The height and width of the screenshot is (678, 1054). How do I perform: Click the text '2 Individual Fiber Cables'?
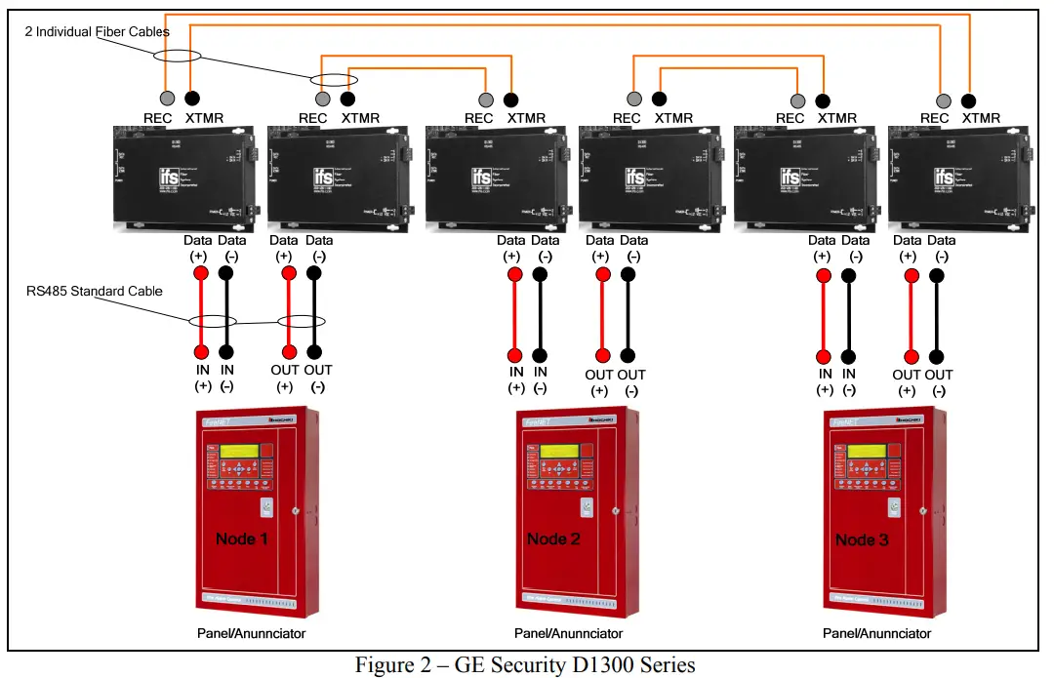point(98,32)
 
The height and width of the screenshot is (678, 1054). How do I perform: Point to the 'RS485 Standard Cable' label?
point(94,291)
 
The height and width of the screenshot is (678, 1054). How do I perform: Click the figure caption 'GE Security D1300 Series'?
point(526,664)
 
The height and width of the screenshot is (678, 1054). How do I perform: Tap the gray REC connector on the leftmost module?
point(167,98)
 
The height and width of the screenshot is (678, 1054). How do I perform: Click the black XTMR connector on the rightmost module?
point(969,99)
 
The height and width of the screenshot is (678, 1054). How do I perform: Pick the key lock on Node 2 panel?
point(586,507)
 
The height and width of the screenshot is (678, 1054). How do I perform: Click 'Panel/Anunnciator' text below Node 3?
point(877,633)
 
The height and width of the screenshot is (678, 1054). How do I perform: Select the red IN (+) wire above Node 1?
point(201,312)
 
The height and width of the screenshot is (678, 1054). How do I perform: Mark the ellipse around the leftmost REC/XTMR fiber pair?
point(181,57)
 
